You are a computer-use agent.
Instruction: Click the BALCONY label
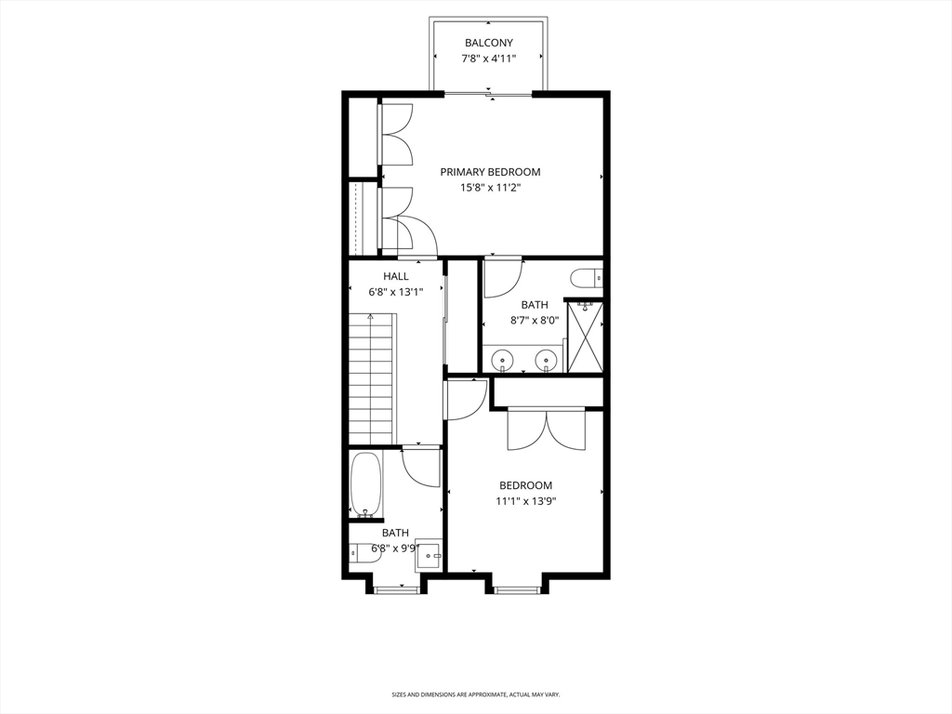pyautogui.click(x=488, y=43)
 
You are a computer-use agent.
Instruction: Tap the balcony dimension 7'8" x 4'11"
pyautogui.click(x=488, y=59)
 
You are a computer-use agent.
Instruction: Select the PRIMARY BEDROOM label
pyautogui.click(x=490, y=172)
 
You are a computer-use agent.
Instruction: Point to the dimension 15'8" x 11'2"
pyautogui.click(x=490, y=187)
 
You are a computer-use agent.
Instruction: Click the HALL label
pyautogui.click(x=395, y=276)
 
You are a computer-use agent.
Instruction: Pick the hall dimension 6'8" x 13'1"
pyautogui.click(x=395, y=291)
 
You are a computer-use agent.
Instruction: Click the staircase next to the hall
pyautogui.click(x=371, y=379)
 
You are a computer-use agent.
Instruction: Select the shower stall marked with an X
pyautogui.click(x=585, y=337)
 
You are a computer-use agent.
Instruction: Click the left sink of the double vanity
pyautogui.click(x=503, y=359)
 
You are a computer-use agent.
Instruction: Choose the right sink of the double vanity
pyautogui.click(x=549, y=359)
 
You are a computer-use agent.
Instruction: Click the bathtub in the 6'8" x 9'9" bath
pyautogui.click(x=364, y=483)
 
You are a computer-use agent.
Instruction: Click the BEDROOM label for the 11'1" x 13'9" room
pyautogui.click(x=525, y=485)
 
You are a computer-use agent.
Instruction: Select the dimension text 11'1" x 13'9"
pyautogui.click(x=525, y=501)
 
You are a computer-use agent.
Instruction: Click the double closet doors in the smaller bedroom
pyautogui.click(x=547, y=430)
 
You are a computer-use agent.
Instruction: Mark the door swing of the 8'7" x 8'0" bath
pyautogui.click(x=502, y=277)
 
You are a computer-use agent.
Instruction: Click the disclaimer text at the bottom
pyautogui.click(x=475, y=694)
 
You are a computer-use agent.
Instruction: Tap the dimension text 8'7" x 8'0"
pyautogui.click(x=534, y=320)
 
